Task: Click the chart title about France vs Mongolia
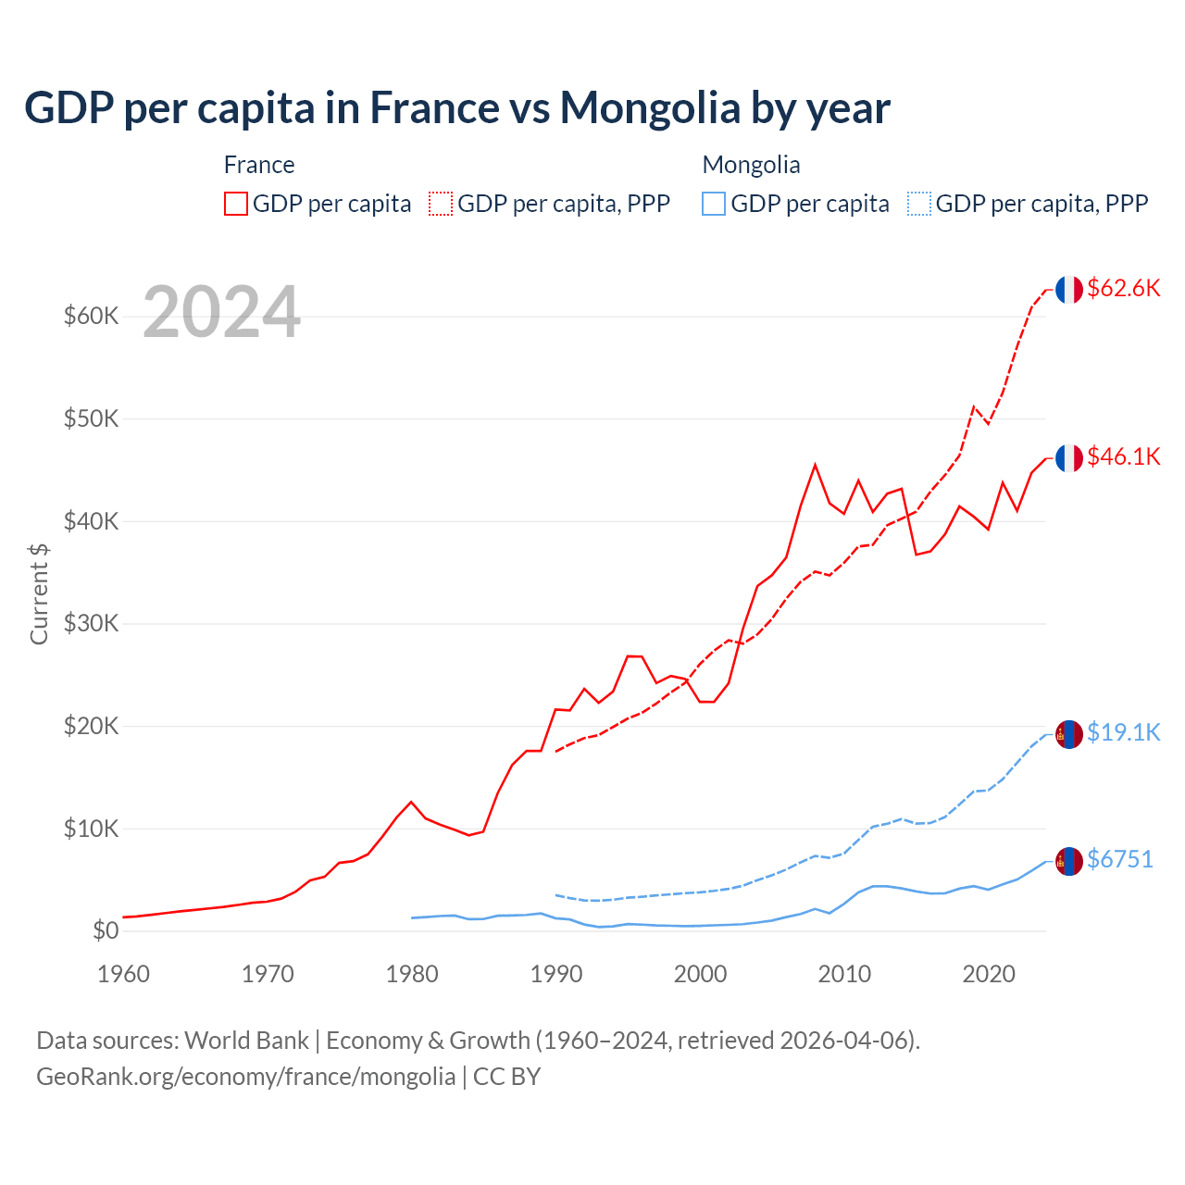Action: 457,107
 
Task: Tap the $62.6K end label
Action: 1123,288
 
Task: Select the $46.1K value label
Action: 1123,456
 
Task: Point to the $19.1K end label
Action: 1123,732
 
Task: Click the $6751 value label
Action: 1119,859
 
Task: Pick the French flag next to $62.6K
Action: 1069,289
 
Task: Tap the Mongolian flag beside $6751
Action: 1069,861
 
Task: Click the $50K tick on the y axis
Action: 92,418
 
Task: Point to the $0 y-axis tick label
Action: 106,930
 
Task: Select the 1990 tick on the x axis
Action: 555,974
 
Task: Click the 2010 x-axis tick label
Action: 844,974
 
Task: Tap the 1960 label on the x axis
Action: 123,974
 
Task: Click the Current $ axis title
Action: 39,593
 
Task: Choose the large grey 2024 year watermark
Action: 221,312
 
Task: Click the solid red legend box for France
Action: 236,204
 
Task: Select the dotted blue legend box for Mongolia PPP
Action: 919,204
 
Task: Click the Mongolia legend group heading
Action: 751,165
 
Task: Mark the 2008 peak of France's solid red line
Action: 815,465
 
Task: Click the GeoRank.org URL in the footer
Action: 245,1077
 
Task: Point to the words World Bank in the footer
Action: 246,1041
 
